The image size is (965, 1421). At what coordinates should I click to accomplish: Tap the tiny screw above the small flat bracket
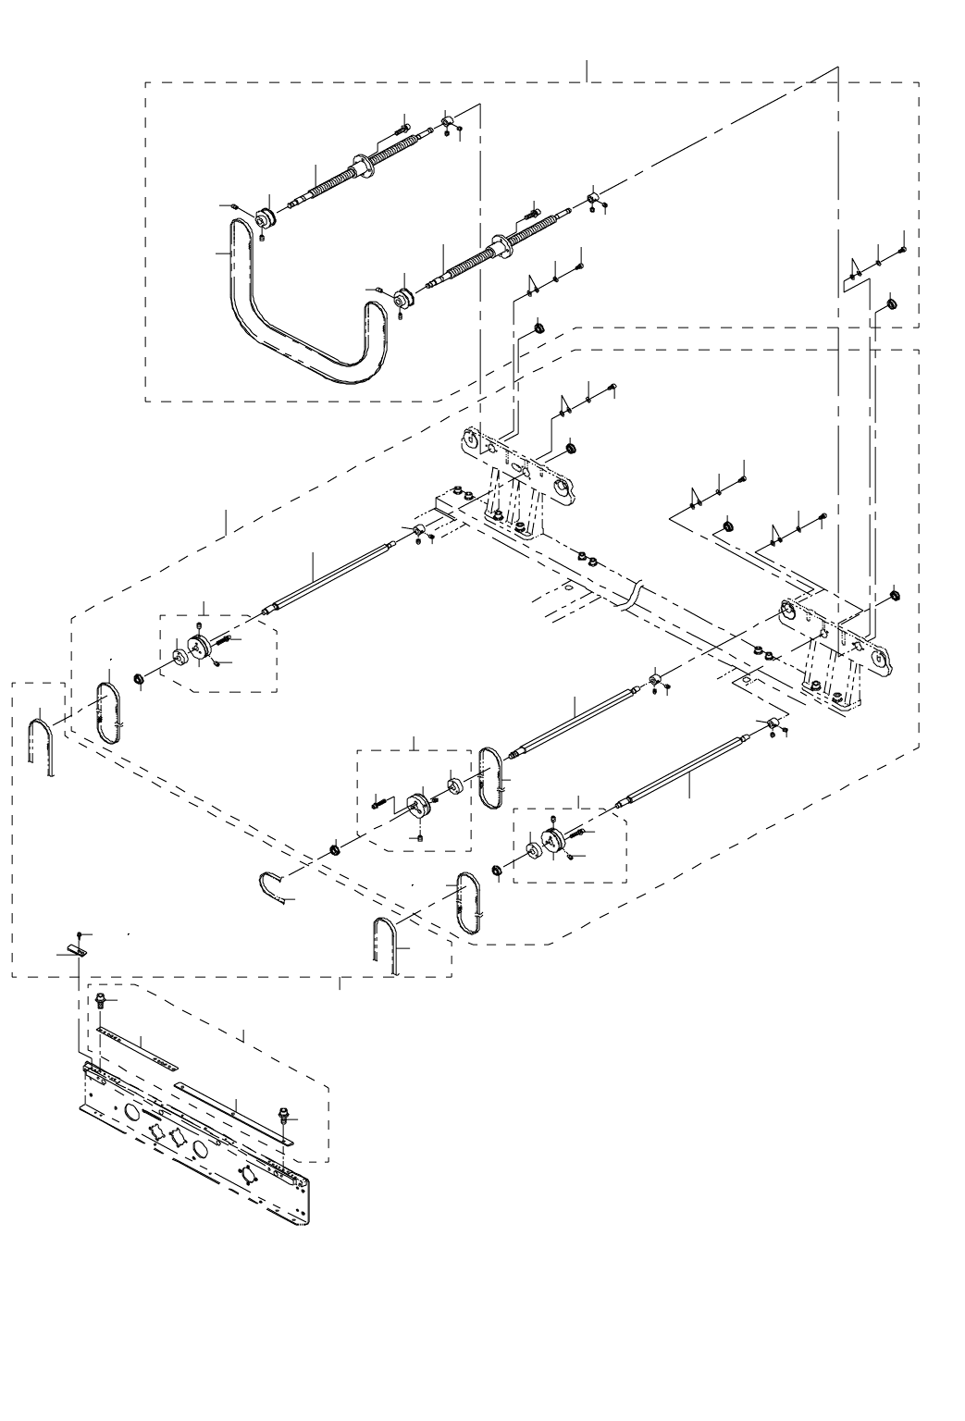pyautogui.click(x=81, y=929)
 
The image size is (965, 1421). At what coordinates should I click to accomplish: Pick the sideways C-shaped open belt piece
pyautogui.click(x=272, y=886)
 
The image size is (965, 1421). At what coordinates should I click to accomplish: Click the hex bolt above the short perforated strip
pyautogui.click(x=102, y=1000)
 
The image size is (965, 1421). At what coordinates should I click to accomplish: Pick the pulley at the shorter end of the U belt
pyautogui.click(x=403, y=299)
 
